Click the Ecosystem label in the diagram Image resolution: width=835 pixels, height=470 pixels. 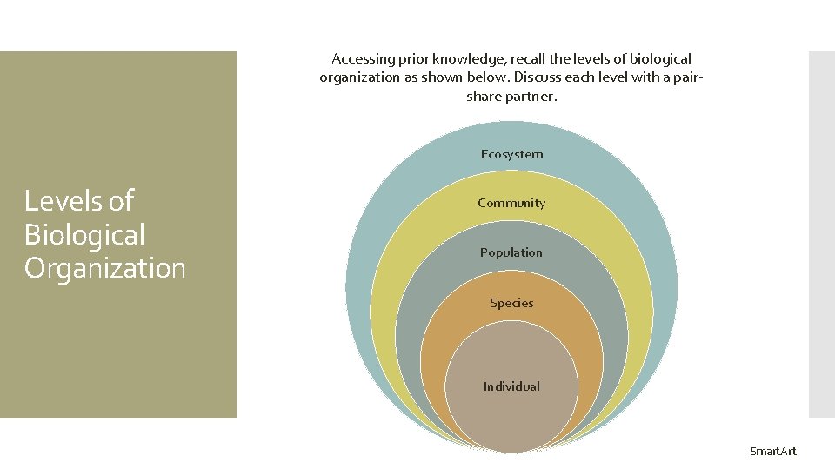(x=511, y=154)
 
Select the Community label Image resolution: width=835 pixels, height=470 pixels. (x=511, y=203)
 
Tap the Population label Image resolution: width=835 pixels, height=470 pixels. (x=511, y=252)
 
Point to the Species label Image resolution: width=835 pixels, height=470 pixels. (x=511, y=303)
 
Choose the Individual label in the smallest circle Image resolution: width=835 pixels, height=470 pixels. (x=511, y=386)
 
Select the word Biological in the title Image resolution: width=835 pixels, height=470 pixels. (x=84, y=235)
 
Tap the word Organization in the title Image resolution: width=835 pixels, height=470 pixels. (x=105, y=268)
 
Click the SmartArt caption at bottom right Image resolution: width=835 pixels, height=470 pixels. (x=773, y=451)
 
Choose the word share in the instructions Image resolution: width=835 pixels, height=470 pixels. (x=484, y=96)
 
